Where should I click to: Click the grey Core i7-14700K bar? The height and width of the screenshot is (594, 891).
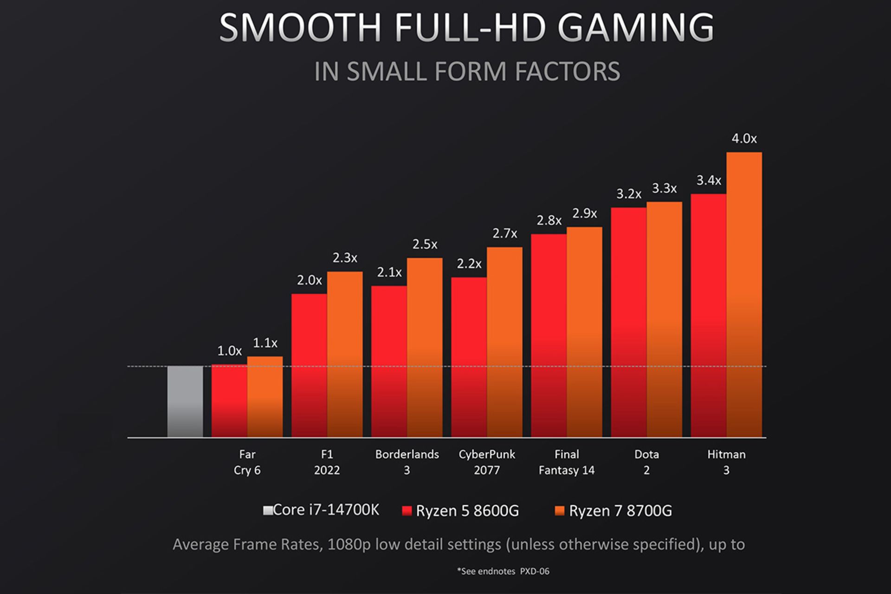click(x=185, y=401)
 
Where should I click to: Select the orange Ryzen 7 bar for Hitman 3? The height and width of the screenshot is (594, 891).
click(x=744, y=295)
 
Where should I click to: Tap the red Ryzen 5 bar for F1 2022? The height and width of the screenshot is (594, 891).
click(x=309, y=365)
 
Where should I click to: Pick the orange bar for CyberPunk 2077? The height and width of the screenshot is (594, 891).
click(x=504, y=342)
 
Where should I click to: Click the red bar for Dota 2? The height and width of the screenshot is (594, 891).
click(x=628, y=322)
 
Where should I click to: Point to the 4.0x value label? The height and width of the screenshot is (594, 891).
click(x=744, y=139)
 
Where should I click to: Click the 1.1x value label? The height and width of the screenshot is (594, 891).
click(x=265, y=343)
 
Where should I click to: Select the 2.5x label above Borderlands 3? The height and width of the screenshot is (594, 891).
click(x=425, y=244)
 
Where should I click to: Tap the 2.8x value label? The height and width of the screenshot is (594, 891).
click(x=549, y=220)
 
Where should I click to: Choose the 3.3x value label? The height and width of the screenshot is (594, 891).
click(x=664, y=188)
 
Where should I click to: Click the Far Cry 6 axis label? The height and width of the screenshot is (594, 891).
click(x=247, y=462)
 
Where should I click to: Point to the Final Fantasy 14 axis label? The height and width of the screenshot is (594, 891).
click(x=566, y=462)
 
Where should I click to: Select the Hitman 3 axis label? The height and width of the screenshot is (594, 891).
click(x=726, y=462)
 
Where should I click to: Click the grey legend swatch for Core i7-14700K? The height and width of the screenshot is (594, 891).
click(x=268, y=510)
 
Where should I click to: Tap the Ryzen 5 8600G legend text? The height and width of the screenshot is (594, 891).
click(x=467, y=511)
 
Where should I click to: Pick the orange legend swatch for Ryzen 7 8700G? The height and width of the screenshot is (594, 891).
click(x=560, y=511)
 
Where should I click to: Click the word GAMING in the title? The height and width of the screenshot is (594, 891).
click(x=635, y=28)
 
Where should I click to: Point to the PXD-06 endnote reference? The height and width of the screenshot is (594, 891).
click(x=535, y=571)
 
